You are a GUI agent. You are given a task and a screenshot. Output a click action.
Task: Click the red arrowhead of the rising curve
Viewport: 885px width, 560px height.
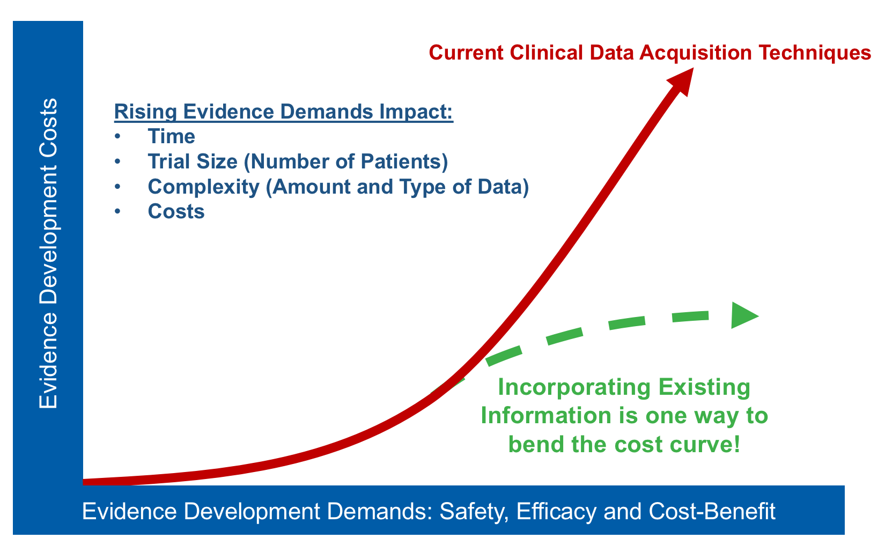pyautogui.click(x=681, y=80)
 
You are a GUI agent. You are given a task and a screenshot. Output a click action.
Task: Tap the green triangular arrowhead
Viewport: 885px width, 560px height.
pyautogui.click(x=743, y=315)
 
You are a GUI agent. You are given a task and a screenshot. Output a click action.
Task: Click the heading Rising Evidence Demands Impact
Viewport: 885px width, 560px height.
pyautogui.click(x=284, y=112)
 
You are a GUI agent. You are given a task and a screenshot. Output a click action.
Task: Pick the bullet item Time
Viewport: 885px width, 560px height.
pyautogui.click(x=171, y=136)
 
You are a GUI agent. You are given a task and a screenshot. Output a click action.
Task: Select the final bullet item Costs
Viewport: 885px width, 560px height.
pyautogui.click(x=176, y=211)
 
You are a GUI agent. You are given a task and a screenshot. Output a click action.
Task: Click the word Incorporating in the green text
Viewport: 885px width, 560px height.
pyautogui.click(x=566, y=387)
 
